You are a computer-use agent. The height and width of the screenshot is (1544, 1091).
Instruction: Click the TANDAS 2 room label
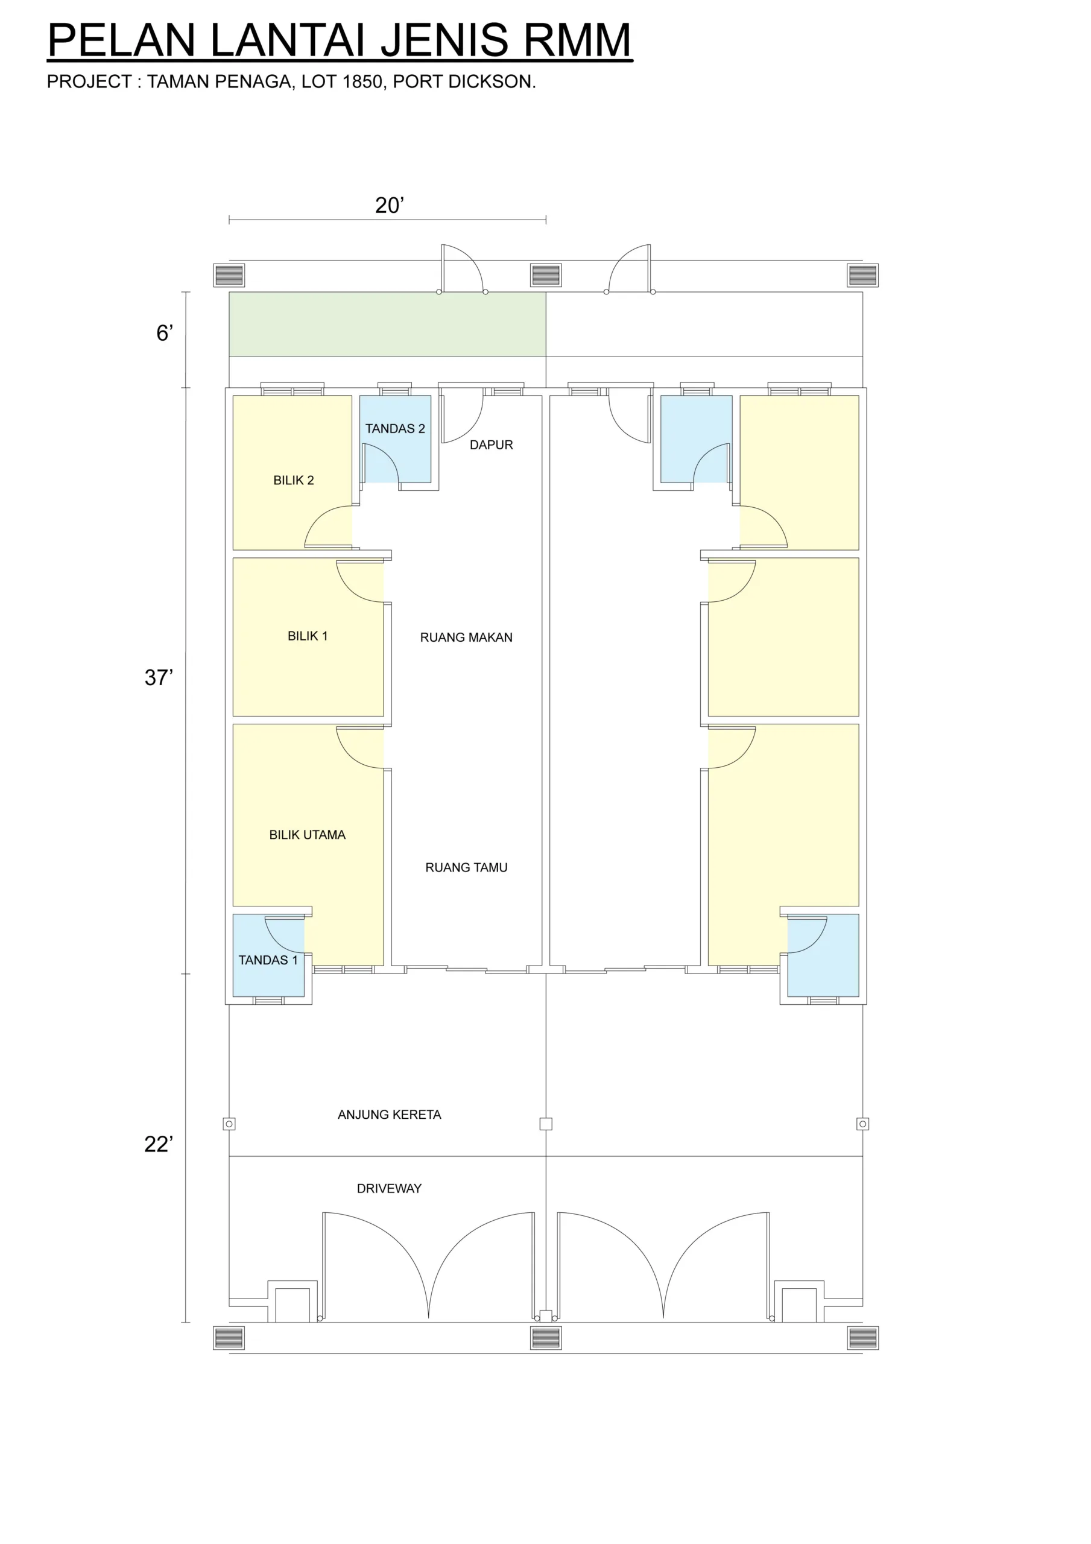pos(395,428)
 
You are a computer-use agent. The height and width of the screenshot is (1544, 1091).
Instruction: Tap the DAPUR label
pos(491,445)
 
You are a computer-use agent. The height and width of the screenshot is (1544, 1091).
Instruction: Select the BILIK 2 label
pos(293,480)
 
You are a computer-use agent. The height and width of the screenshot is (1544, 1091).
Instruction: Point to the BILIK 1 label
pos(308,636)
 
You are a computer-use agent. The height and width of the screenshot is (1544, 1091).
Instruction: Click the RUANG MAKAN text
pos(466,637)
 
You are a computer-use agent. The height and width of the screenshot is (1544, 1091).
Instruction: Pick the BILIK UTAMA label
pos(308,835)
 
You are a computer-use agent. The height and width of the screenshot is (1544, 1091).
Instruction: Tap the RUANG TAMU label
pos(466,867)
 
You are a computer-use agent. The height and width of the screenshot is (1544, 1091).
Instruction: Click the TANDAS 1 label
pos(268,960)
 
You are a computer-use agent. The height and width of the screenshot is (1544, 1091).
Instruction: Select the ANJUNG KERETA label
pos(390,1115)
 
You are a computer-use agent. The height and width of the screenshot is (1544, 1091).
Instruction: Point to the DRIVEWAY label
pos(389,1188)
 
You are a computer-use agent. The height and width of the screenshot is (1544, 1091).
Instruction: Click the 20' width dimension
pos(390,205)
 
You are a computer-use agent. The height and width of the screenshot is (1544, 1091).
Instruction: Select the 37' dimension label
pos(159,677)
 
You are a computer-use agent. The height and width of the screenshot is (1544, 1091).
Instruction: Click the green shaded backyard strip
pos(387,324)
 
